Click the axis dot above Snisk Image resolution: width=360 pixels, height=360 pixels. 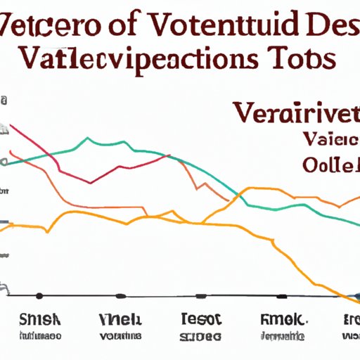(x=39, y=295)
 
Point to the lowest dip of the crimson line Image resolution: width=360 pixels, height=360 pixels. (x=91, y=183)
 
